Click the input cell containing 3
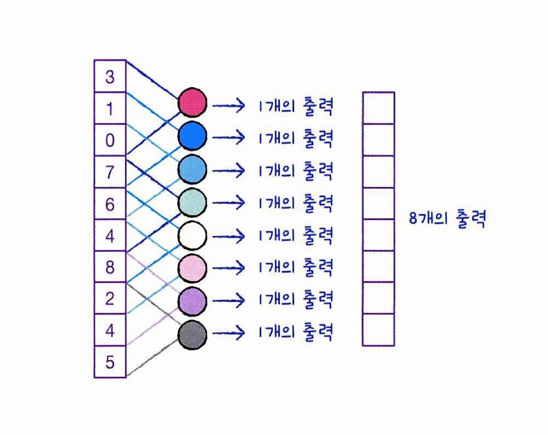tap(110, 77)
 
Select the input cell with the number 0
tap(110, 140)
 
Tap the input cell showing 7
tap(110, 172)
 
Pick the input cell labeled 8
tap(110, 267)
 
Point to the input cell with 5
tap(110, 362)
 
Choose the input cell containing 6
tap(110, 204)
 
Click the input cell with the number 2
tap(110, 298)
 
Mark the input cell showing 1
tap(110, 108)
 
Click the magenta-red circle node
tap(192, 102)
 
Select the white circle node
tap(192, 235)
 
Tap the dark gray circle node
tap(192, 335)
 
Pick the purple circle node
tap(192, 301)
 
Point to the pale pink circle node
tap(192, 268)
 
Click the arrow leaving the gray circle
tap(229, 334)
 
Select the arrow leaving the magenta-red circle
tap(229, 106)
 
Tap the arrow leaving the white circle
tap(229, 236)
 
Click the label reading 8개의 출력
tap(447, 218)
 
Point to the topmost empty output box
tap(379, 108)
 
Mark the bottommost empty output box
tap(379, 330)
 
